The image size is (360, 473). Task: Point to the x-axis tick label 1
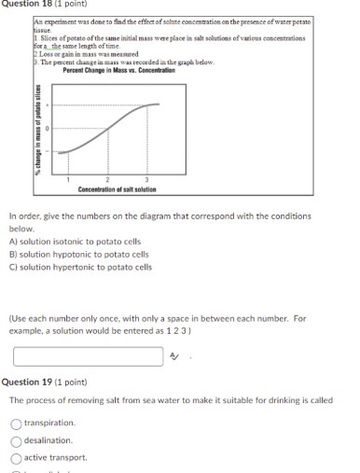click(x=68, y=178)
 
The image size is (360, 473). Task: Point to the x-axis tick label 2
click(x=107, y=178)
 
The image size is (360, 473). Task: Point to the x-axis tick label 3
click(x=146, y=178)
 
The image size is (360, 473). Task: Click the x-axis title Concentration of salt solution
click(x=117, y=189)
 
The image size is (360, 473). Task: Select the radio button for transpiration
click(x=16, y=423)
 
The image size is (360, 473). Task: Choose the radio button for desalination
click(x=16, y=440)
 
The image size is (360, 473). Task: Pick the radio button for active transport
click(x=16, y=458)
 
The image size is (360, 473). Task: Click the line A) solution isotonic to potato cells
click(x=75, y=241)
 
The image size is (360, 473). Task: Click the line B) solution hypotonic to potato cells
click(x=78, y=254)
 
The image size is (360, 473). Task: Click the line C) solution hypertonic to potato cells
click(x=80, y=267)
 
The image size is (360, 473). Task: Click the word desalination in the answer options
click(x=48, y=440)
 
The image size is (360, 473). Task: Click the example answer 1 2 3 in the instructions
click(x=179, y=330)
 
